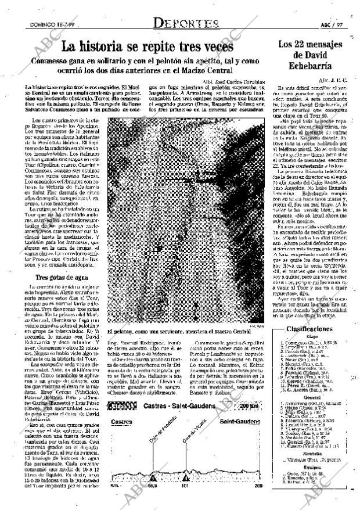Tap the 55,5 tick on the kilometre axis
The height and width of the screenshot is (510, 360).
[153, 486]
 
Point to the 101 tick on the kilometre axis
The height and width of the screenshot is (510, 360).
[185, 486]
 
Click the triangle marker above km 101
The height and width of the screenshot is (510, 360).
[185, 477]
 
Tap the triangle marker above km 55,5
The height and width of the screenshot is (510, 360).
[153, 477]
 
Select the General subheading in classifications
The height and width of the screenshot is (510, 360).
[301, 398]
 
